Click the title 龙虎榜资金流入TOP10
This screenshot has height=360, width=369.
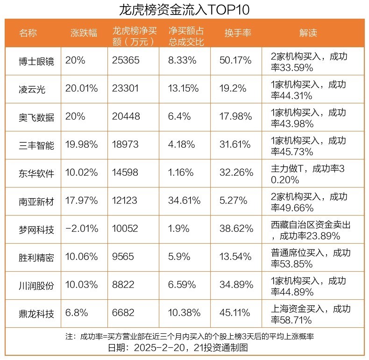pyautogui.click(x=184, y=9)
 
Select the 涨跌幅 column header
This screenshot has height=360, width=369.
pyautogui.click(x=84, y=33)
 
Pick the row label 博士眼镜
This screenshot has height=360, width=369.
pyautogui.click(x=36, y=61)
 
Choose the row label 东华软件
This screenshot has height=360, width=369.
pyautogui.click(x=36, y=173)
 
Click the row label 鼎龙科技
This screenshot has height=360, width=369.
pyautogui.click(x=36, y=313)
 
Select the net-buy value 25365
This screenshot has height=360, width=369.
pyautogui.click(x=125, y=61)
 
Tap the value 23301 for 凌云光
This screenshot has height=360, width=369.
pyautogui.click(x=125, y=89)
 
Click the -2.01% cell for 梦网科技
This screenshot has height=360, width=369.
pyautogui.click(x=82, y=229)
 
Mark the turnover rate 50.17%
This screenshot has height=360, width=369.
pyautogui.click(x=236, y=61)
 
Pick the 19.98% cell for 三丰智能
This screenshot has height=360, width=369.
pyautogui.click(x=82, y=145)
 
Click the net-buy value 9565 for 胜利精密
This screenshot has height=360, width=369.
pyautogui.click(x=123, y=257)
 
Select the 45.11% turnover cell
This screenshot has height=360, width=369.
pyautogui.click(x=236, y=313)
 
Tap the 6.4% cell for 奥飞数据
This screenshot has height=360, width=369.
pyautogui.click(x=179, y=117)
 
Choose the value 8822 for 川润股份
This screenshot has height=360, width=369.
pyautogui.click(x=123, y=285)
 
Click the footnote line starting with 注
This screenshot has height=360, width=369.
pyautogui.click(x=184, y=337)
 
